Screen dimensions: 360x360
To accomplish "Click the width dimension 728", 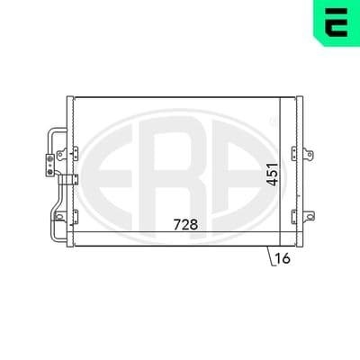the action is pyautogui.click(x=185, y=224).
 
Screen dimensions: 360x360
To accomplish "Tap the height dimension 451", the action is pyautogui.click(x=273, y=175).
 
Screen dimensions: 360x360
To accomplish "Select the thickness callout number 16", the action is pyautogui.click(x=283, y=258).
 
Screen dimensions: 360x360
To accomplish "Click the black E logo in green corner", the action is pyautogui.click(x=337, y=22).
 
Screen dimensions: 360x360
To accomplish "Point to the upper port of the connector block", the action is pyautogui.click(x=50, y=158).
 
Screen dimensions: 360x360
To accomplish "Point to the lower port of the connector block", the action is pyautogui.click(x=50, y=172).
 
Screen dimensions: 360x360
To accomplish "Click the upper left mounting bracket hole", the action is pyautogui.click(x=60, y=155).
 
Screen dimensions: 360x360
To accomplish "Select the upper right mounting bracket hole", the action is pyautogui.click(x=309, y=155).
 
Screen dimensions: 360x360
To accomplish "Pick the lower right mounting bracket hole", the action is pyautogui.click(x=309, y=216).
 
